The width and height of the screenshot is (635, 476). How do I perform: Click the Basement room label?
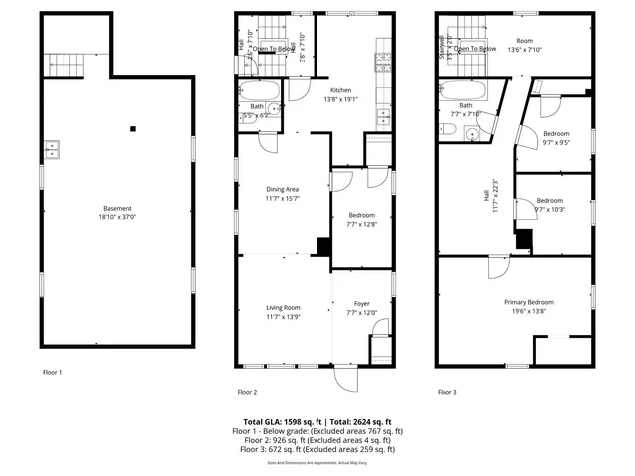point(117,209)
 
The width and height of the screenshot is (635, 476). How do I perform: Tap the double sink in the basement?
point(51,151)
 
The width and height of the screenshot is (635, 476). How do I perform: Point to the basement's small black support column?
point(133,128)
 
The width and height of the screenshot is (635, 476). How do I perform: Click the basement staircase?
point(67,65)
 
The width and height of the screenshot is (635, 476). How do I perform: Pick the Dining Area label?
point(284,189)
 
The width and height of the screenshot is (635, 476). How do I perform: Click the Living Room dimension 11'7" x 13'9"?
point(284,318)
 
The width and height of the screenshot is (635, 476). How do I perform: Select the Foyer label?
point(361,305)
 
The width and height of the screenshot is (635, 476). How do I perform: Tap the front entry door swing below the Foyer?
point(343,379)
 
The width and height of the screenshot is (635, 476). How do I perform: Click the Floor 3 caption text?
point(447,392)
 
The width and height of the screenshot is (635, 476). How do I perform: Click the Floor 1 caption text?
point(52,373)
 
